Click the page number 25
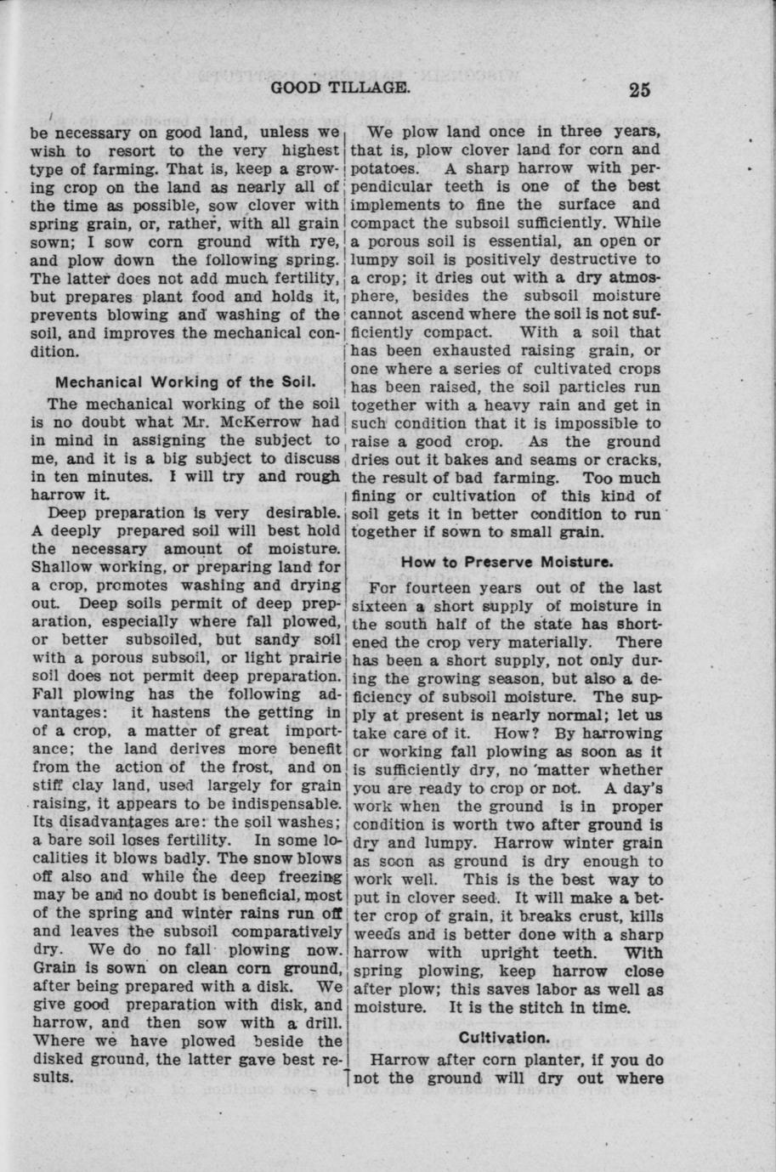[640, 89]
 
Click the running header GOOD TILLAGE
[341, 88]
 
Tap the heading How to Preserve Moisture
[507, 562]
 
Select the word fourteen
[446, 588]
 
